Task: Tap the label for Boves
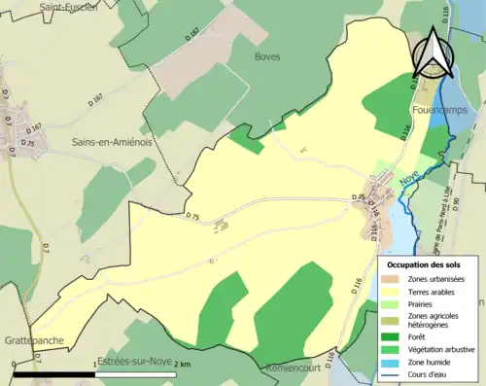tap(267, 56)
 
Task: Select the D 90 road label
tap(480, 194)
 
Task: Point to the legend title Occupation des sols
tap(425, 264)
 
